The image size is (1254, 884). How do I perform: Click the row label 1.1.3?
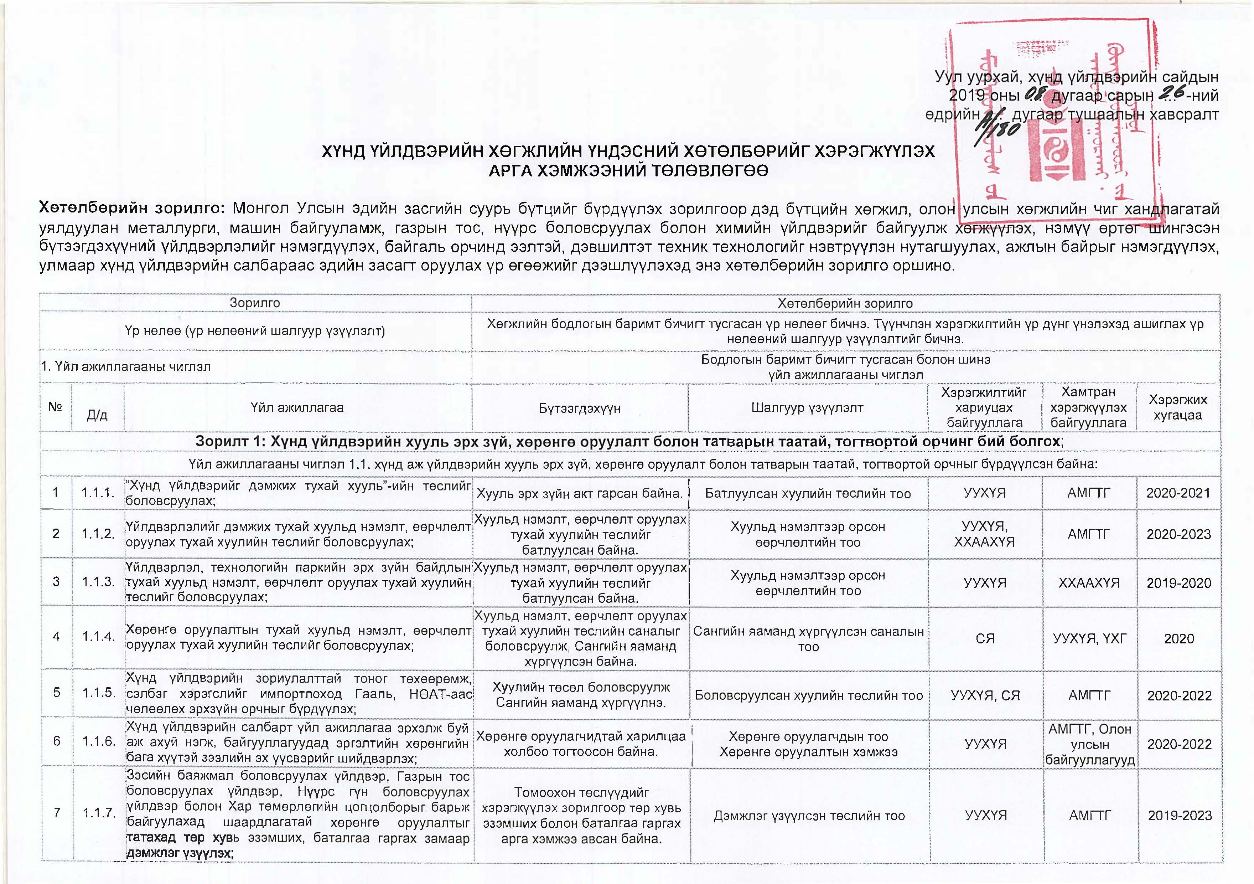click(x=98, y=582)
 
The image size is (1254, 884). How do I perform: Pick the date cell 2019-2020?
click(x=1178, y=583)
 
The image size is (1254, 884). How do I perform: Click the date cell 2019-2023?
click(x=1180, y=816)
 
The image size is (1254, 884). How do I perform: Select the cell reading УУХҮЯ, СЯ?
click(x=985, y=695)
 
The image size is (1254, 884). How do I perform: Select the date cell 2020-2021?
click(x=1178, y=493)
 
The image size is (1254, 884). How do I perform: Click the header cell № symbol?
click(x=55, y=407)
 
